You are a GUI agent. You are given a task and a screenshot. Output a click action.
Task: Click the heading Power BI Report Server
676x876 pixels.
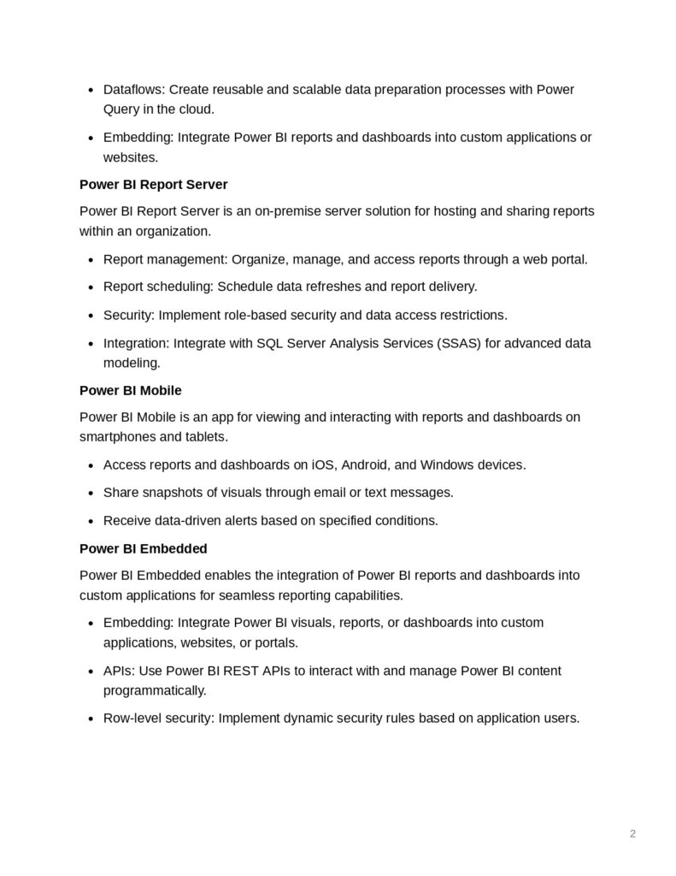[x=153, y=184]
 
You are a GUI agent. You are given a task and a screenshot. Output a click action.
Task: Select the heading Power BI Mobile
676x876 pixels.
[x=130, y=390]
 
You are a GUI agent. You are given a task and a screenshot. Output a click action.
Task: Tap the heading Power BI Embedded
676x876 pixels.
[x=144, y=547]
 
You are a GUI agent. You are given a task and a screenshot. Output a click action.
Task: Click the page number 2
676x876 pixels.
[x=632, y=833]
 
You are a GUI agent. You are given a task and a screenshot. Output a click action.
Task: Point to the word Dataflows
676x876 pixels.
[x=132, y=90]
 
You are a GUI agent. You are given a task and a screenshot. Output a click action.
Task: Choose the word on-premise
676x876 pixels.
[x=281, y=211]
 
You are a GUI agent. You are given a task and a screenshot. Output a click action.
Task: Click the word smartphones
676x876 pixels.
[x=118, y=437]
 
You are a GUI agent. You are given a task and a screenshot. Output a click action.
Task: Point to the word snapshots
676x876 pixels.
[x=170, y=493]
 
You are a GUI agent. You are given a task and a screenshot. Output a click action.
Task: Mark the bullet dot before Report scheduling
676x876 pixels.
[x=91, y=287]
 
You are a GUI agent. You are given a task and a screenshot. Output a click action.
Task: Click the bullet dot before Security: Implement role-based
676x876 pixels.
[x=91, y=316]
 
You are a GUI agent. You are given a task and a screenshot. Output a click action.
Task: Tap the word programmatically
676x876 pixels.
[x=155, y=690]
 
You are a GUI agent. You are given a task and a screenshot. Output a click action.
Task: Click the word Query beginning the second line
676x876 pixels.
[x=122, y=109]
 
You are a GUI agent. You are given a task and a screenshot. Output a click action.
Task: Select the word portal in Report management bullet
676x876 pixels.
[x=567, y=259]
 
